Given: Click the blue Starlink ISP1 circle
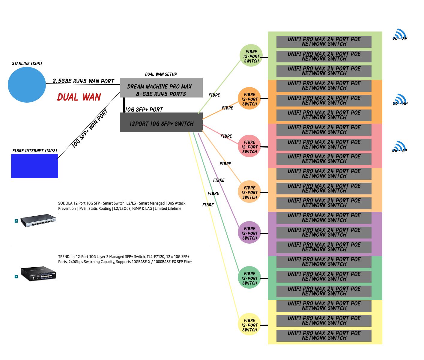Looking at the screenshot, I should click(27, 85).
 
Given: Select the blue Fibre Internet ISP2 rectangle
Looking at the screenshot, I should click(34, 166).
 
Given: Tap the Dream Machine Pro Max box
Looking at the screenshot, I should click(161, 88).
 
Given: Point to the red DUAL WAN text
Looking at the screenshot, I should click(79, 97).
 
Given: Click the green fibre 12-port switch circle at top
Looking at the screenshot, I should click(251, 56).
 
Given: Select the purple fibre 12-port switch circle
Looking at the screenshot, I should click(249, 232).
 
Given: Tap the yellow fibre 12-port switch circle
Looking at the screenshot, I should click(249, 324).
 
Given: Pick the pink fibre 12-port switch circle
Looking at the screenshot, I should click(249, 146).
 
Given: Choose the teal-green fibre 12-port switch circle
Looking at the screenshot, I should click(249, 277).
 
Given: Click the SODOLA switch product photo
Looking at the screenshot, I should click(38, 220).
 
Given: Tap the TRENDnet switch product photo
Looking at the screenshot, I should click(38, 273).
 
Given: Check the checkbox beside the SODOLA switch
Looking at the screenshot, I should click(16, 221).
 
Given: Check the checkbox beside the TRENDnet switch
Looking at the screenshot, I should click(16, 277).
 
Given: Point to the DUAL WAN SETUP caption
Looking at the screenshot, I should click(161, 74).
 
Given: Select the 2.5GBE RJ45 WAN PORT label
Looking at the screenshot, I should click(83, 81).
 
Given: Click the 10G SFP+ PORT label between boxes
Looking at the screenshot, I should click(144, 109).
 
